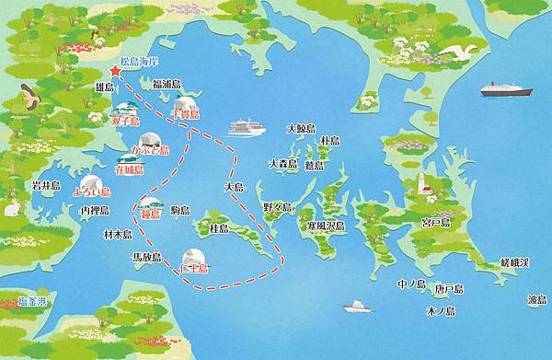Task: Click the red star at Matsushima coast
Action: [x=115, y=71]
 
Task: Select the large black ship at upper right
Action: [x=505, y=89]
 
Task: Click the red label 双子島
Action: [x=124, y=120]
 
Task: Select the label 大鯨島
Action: [x=301, y=129]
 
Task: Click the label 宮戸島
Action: [x=434, y=223]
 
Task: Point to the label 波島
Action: [x=537, y=300]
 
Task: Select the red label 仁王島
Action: [x=193, y=268]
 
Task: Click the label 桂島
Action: [x=218, y=226]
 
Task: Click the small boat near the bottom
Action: [x=355, y=305]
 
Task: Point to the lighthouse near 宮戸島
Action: [x=426, y=185]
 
